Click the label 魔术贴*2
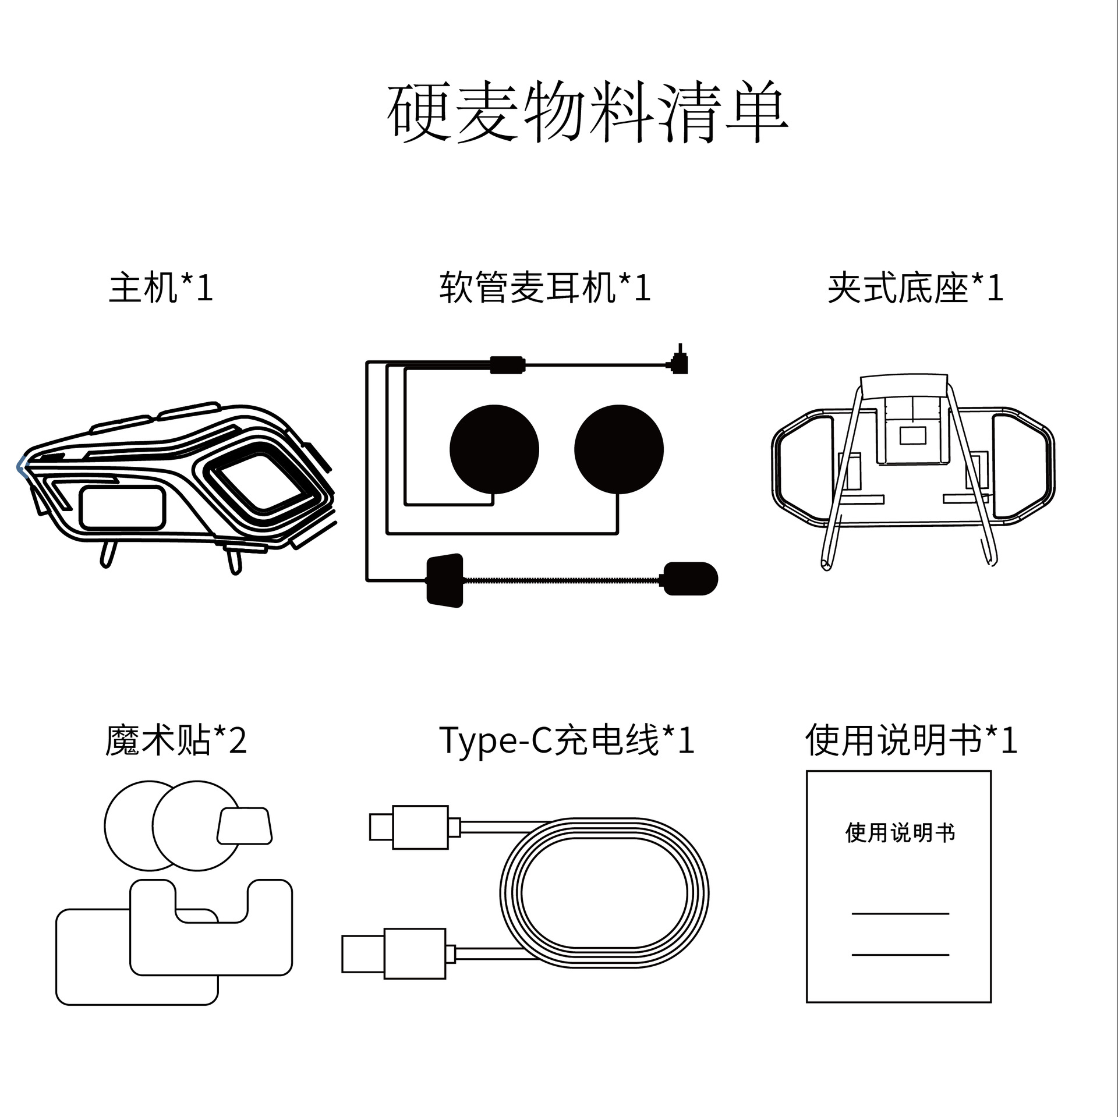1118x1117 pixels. click(x=176, y=740)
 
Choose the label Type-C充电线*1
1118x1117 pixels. click(x=567, y=740)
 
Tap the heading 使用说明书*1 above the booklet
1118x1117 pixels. click(x=911, y=740)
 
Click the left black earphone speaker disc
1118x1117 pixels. click(x=494, y=449)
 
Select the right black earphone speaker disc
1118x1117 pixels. click(x=618, y=449)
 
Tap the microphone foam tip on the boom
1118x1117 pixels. click(x=691, y=579)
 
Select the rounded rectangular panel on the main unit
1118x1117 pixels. click(x=122, y=508)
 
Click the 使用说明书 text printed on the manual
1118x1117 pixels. click(x=900, y=833)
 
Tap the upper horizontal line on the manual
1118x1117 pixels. click(x=900, y=914)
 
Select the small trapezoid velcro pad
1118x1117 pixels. click(x=245, y=825)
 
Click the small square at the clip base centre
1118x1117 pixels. click(x=912, y=435)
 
